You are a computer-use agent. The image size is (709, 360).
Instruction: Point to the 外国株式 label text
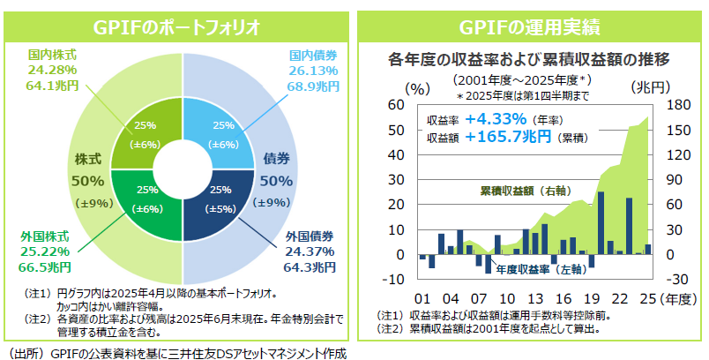pos(45,236)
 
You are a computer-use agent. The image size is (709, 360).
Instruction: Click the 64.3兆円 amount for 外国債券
pos(310,266)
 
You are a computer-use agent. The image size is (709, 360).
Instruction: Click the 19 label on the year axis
pos(591,297)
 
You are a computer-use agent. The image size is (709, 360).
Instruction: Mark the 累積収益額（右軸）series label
pos(524,191)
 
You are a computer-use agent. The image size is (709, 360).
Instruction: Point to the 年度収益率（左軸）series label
pos(538,269)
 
